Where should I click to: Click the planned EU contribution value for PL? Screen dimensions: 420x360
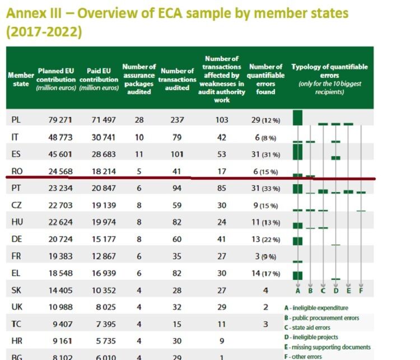pos(60,120)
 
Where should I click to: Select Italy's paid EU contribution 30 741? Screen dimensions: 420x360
pos(104,137)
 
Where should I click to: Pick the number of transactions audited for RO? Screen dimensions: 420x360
pos(176,171)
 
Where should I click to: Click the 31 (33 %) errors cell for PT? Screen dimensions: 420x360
pos(265,188)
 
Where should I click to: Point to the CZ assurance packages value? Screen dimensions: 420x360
pos(139,205)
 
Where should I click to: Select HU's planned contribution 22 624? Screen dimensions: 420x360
pos(60,222)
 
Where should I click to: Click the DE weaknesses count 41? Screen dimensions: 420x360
pos(221,239)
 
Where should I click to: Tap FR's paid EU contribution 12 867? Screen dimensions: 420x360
pos(104,256)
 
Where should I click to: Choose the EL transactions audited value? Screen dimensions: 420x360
pos(177,273)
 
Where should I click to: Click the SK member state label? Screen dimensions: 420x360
pos(16,291)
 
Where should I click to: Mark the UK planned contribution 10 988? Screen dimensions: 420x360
pos(60,307)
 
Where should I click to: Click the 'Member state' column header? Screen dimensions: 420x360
pos(21,80)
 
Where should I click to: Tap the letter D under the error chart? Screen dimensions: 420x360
pos(336,291)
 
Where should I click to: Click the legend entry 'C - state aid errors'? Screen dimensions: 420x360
pos(307,328)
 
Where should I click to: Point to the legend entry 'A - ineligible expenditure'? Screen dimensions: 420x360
pos(316,308)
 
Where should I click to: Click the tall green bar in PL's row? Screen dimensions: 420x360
pos(297,118)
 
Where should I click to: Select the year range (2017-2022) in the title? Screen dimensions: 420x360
pos(44,32)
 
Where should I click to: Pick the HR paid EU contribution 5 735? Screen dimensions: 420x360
pos(106,342)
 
